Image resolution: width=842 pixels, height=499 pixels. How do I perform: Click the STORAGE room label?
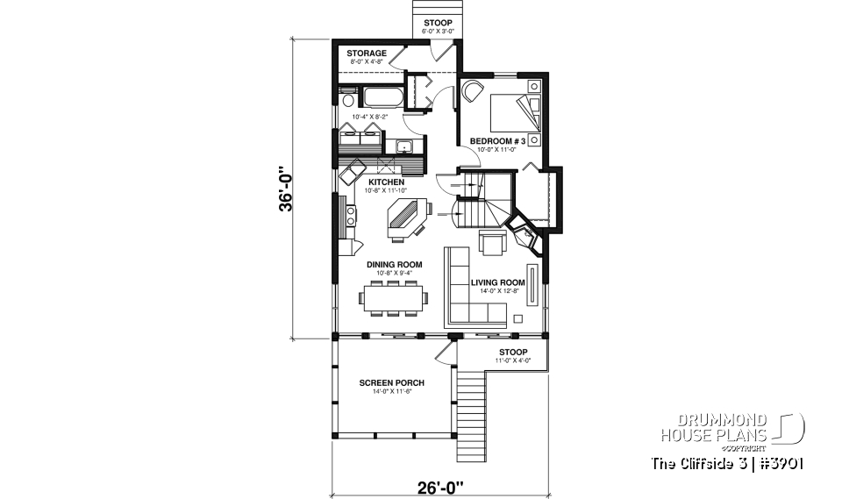pyautogui.click(x=366, y=53)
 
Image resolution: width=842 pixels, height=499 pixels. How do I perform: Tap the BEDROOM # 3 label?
pyautogui.click(x=497, y=141)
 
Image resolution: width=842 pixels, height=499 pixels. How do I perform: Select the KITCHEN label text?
pyautogui.click(x=386, y=182)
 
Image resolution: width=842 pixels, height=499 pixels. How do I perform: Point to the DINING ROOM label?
pyautogui.click(x=395, y=264)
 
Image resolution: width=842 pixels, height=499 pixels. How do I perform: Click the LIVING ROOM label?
pyautogui.click(x=497, y=282)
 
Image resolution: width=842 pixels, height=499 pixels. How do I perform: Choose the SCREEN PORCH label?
pyautogui.click(x=392, y=383)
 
